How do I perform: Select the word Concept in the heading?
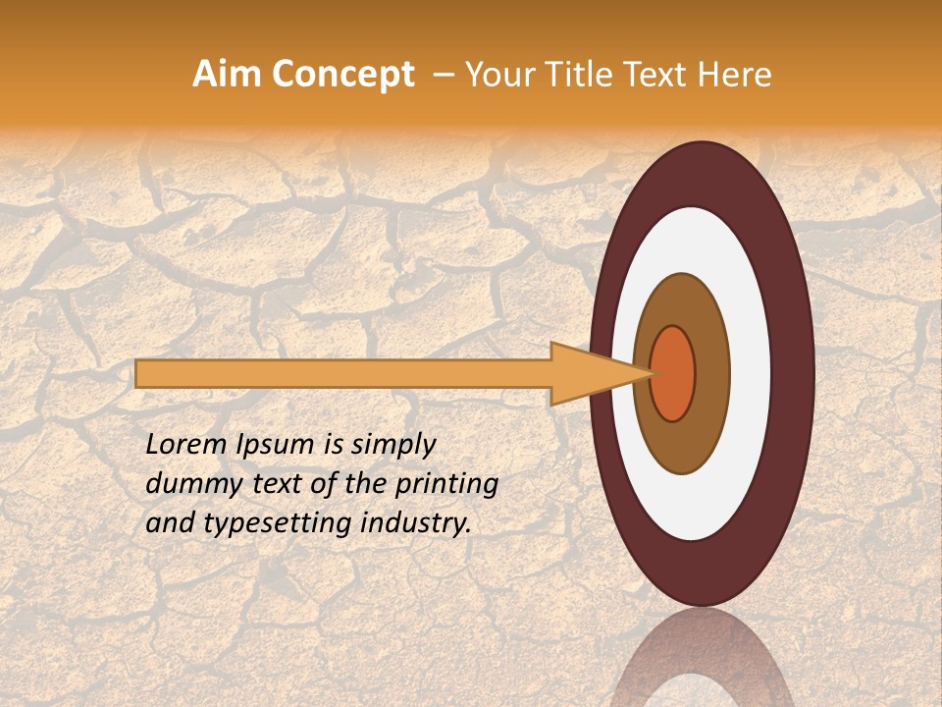pos(341,75)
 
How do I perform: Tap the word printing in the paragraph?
pos(446,484)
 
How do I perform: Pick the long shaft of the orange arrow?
pos(343,374)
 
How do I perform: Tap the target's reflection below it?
pos(701,668)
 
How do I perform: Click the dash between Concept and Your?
pos(443,76)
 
